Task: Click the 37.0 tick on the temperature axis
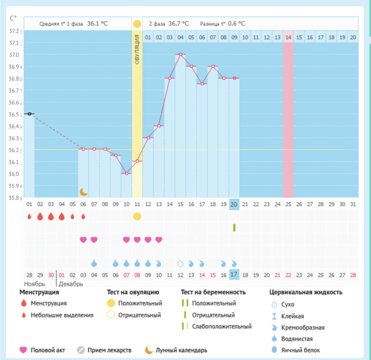click(x=14, y=54)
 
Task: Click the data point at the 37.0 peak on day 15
click(x=180, y=54)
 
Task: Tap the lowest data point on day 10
click(x=126, y=173)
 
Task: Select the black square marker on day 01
click(x=29, y=114)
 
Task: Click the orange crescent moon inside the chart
click(x=83, y=192)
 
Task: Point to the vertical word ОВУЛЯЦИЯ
click(x=137, y=51)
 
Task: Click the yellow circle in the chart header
click(x=137, y=24)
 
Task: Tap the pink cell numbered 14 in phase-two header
click(x=288, y=37)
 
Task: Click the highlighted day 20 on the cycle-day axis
click(x=234, y=204)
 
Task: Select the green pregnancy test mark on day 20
click(x=234, y=227)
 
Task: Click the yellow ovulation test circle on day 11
click(x=137, y=216)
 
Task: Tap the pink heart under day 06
click(x=83, y=239)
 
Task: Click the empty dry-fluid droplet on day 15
click(x=180, y=263)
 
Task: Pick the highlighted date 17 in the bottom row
click(x=234, y=275)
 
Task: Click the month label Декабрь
click(x=71, y=284)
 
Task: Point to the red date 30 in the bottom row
click(x=51, y=275)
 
